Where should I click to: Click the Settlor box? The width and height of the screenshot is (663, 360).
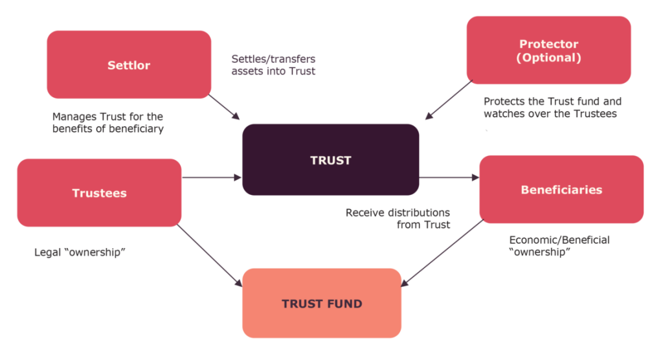click(x=129, y=65)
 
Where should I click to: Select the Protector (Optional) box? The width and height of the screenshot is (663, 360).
click(x=548, y=51)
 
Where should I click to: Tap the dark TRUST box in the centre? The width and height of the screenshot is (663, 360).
click(x=330, y=159)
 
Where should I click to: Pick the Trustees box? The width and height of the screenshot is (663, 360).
click(x=99, y=193)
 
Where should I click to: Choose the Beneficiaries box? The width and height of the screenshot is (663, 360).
click(x=561, y=190)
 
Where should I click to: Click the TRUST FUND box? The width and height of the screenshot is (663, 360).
click(x=321, y=303)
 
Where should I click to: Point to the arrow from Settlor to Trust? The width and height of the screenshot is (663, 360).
click(x=224, y=108)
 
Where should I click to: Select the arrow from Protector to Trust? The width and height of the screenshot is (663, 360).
click(x=447, y=100)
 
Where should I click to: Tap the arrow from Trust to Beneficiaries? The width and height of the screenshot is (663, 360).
click(x=449, y=177)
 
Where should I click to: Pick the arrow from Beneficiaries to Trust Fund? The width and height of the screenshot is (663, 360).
click(x=444, y=253)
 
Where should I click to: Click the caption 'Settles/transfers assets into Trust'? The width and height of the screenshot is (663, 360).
click(x=273, y=65)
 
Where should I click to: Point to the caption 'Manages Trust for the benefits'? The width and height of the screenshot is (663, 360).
click(x=108, y=122)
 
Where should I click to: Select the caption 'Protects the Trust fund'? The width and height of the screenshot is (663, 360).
click(x=552, y=107)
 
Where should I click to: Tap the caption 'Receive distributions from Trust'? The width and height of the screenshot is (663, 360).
click(x=398, y=219)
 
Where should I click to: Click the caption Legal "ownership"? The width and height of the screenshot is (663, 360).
click(x=79, y=252)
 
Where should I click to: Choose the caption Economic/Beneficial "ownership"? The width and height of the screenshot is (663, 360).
click(x=559, y=245)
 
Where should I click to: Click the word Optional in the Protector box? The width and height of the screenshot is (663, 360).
click(x=548, y=58)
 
